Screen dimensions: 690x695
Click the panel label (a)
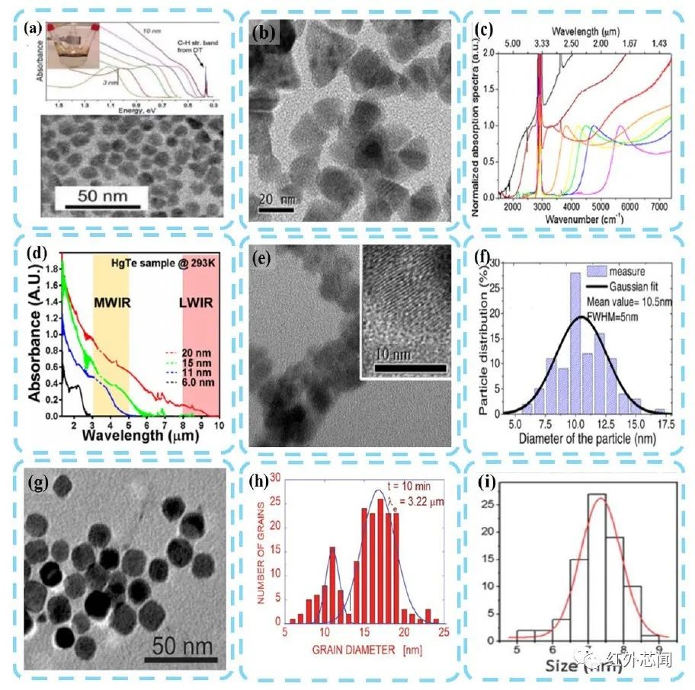tap(33, 29)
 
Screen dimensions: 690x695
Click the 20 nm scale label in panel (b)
tap(272, 199)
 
